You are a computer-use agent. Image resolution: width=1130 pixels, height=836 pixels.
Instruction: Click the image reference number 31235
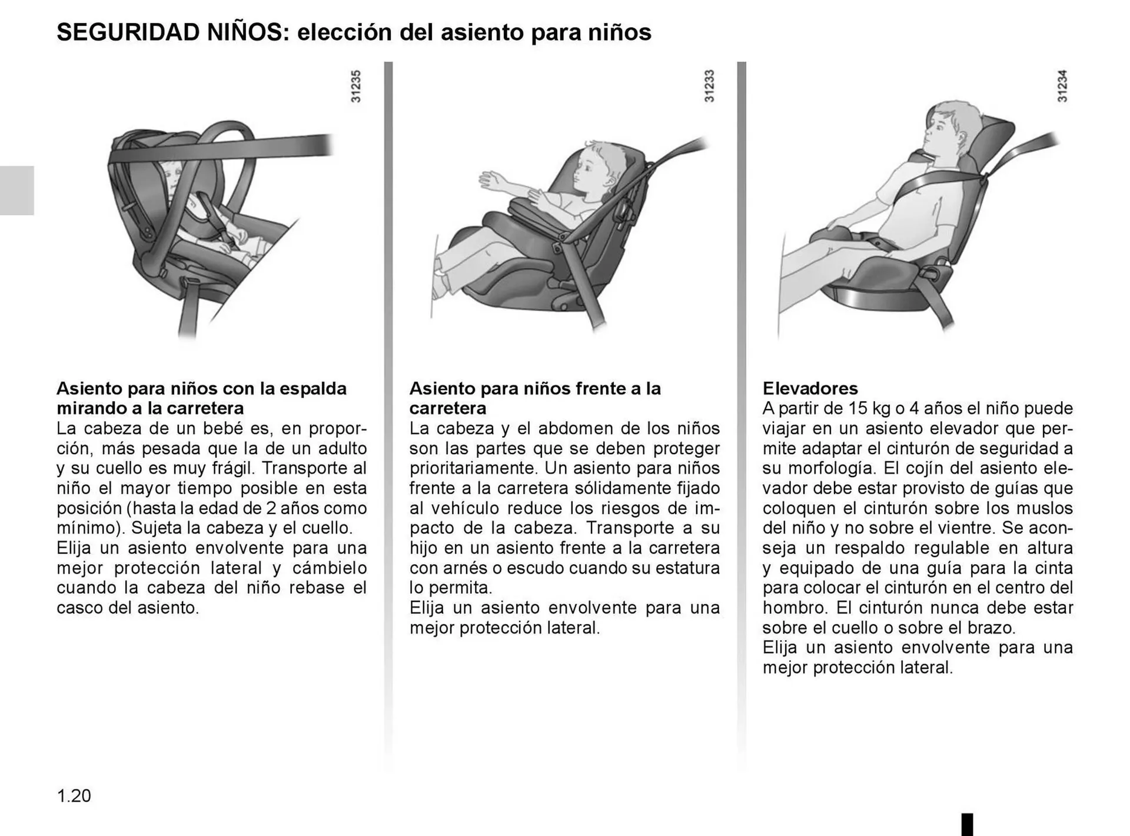[355, 86]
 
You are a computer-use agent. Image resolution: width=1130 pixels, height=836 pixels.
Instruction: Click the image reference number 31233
[709, 86]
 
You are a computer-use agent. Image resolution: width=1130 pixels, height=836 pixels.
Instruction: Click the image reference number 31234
[1062, 86]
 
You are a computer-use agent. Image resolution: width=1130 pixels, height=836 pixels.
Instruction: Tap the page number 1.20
[74, 796]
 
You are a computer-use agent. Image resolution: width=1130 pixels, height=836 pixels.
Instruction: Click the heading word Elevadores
[810, 388]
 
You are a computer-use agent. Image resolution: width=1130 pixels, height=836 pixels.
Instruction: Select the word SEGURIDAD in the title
[128, 32]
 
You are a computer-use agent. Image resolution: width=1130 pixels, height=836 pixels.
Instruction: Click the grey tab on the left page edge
[16, 190]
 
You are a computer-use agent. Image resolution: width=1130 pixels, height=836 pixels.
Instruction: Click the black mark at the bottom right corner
[967, 824]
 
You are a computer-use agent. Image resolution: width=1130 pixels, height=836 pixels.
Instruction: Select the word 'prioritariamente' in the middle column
[473, 468]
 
